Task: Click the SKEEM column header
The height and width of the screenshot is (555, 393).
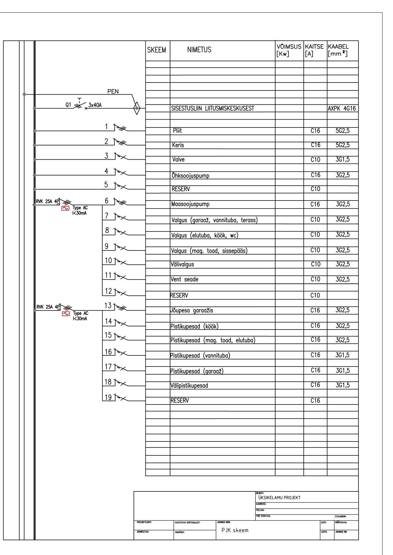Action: point(156,50)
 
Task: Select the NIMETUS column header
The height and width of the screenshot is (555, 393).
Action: point(199,50)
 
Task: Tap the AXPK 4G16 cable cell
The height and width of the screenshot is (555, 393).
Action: point(342,108)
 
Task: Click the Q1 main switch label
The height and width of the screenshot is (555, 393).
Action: point(68,104)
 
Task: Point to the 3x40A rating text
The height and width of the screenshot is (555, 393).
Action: point(95,105)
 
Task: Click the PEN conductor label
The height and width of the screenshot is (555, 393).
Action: point(113,91)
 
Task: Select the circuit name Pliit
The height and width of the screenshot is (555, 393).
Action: point(177,131)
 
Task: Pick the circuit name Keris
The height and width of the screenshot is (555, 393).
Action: point(178,145)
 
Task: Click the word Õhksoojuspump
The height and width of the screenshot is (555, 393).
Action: point(190,176)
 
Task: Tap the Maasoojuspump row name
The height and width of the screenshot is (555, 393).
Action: point(190,204)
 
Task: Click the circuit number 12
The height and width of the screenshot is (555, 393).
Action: point(108,291)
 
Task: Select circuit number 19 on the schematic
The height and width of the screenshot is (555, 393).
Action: point(108,397)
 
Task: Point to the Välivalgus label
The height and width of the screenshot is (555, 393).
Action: point(182,264)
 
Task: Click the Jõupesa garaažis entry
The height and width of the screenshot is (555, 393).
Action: point(192,311)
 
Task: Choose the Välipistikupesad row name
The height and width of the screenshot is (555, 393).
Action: point(189,385)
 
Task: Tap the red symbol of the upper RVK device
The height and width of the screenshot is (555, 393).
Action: point(66,208)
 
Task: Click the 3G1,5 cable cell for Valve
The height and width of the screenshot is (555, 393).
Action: point(343,160)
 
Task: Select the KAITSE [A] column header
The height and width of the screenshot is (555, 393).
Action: point(314,50)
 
